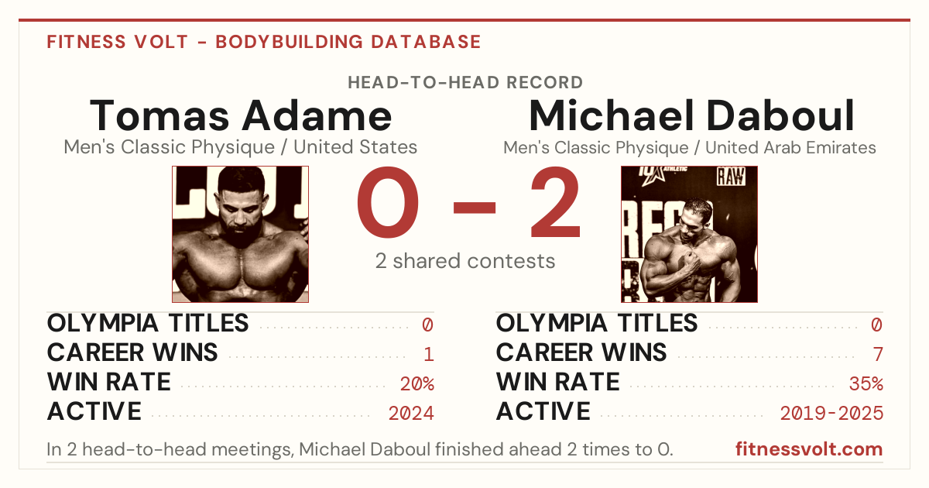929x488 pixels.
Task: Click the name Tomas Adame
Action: coord(241,115)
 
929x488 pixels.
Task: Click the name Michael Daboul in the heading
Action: coord(691,115)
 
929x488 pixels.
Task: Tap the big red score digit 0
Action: coord(388,202)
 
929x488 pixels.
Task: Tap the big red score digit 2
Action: coord(555,202)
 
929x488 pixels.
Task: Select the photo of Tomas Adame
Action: coord(240,234)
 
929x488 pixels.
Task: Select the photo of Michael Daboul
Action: coord(689,234)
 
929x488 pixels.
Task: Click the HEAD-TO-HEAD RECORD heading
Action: coord(465,83)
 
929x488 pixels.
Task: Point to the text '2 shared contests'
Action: coord(465,261)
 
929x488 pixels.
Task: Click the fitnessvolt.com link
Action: coord(809,449)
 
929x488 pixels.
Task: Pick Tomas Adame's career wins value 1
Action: coord(429,355)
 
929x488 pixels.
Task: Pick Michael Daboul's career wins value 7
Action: coord(878,355)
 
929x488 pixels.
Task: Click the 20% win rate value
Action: coord(417,384)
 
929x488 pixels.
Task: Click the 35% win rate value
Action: coord(866,384)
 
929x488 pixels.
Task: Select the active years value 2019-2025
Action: coord(831,414)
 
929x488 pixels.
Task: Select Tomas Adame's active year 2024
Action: coord(411,414)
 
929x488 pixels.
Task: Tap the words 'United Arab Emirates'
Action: coord(790,147)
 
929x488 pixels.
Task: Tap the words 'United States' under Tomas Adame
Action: coord(355,147)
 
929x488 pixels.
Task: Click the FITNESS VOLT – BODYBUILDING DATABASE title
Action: coord(264,42)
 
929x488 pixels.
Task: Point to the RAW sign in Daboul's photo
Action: coord(731,177)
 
